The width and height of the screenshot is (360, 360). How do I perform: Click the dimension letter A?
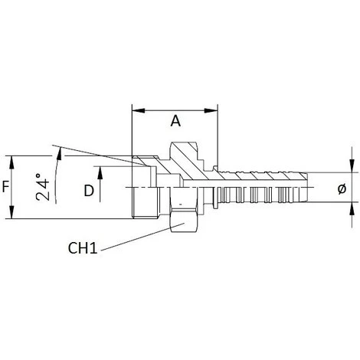[175, 121]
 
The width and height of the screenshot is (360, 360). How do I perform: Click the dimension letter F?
[6, 186]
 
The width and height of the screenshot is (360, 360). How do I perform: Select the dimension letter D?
[88, 191]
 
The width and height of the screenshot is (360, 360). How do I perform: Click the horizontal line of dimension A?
[175, 109]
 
